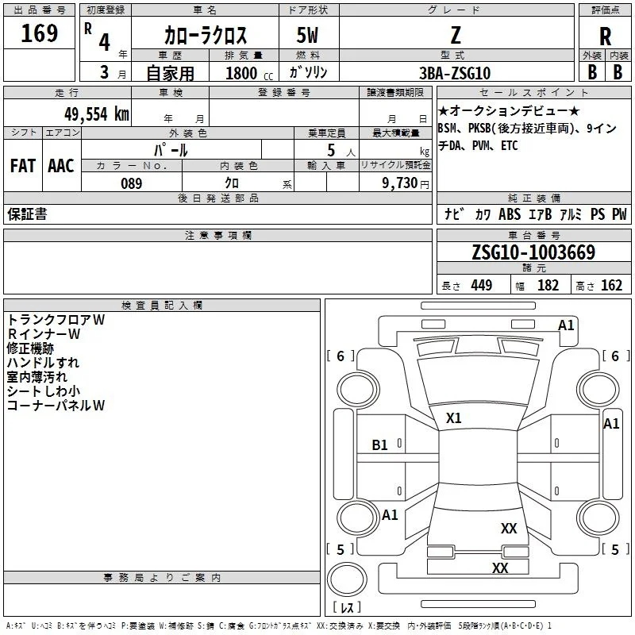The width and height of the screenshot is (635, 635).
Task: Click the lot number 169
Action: (x=39, y=33)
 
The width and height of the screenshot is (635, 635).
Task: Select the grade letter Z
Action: (x=456, y=35)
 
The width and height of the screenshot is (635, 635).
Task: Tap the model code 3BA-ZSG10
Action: (x=455, y=73)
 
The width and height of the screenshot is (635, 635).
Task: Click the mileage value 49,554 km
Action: (x=97, y=114)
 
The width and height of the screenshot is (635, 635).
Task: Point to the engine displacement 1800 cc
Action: (x=249, y=73)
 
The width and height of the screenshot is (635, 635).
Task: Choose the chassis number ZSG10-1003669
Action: (x=533, y=252)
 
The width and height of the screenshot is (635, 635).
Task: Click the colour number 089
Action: (x=132, y=183)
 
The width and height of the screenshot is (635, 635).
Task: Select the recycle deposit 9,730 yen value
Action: (x=406, y=183)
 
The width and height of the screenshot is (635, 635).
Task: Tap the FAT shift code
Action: (x=23, y=166)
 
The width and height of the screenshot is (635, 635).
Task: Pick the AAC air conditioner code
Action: (x=61, y=166)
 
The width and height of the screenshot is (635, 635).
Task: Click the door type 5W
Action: (x=307, y=35)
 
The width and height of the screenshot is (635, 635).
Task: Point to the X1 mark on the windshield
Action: (x=453, y=418)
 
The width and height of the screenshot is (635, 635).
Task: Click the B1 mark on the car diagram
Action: (x=380, y=445)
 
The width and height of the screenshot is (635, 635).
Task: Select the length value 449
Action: (x=482, y=285)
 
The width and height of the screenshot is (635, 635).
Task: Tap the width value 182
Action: (x=548, y=285)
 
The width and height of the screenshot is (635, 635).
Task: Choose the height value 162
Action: (x=611, y=285)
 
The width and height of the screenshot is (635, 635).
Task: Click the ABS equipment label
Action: (x=510, y=214)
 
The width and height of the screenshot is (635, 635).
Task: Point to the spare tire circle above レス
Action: (x=347, y=579)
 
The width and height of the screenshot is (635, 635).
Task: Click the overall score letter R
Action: (x=605, y=37)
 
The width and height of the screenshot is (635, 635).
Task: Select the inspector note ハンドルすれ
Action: (x=43, y=363)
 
